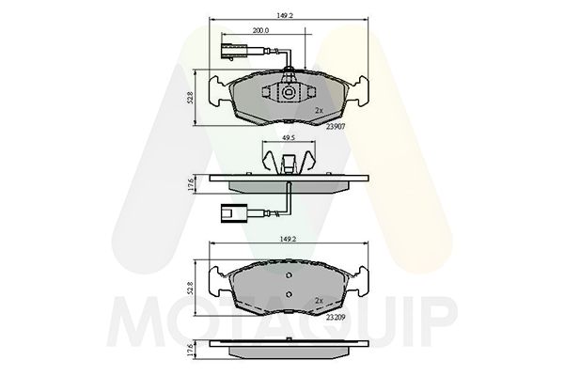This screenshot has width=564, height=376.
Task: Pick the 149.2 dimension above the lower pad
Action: click(x=288, y=238)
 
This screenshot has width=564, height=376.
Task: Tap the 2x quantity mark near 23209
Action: click(x=319, y=301)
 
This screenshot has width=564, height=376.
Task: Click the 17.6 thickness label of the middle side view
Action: click(x=191, y=185)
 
